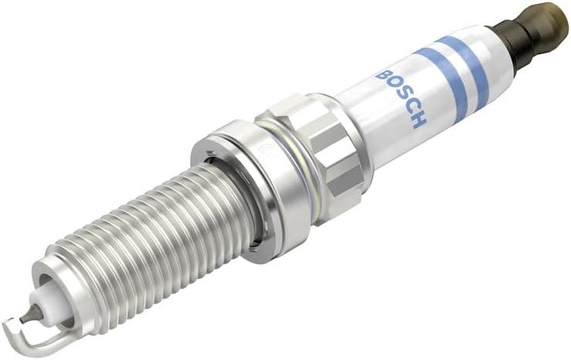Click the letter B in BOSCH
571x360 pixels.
pyautogui.click(x=383, y=76)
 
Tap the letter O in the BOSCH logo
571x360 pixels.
pyautogui.click(x=393, y=86)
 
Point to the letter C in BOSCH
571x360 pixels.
pyautogui.click(x=410, y=107)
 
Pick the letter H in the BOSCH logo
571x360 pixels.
pyautogui.click(x=418, y=119)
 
